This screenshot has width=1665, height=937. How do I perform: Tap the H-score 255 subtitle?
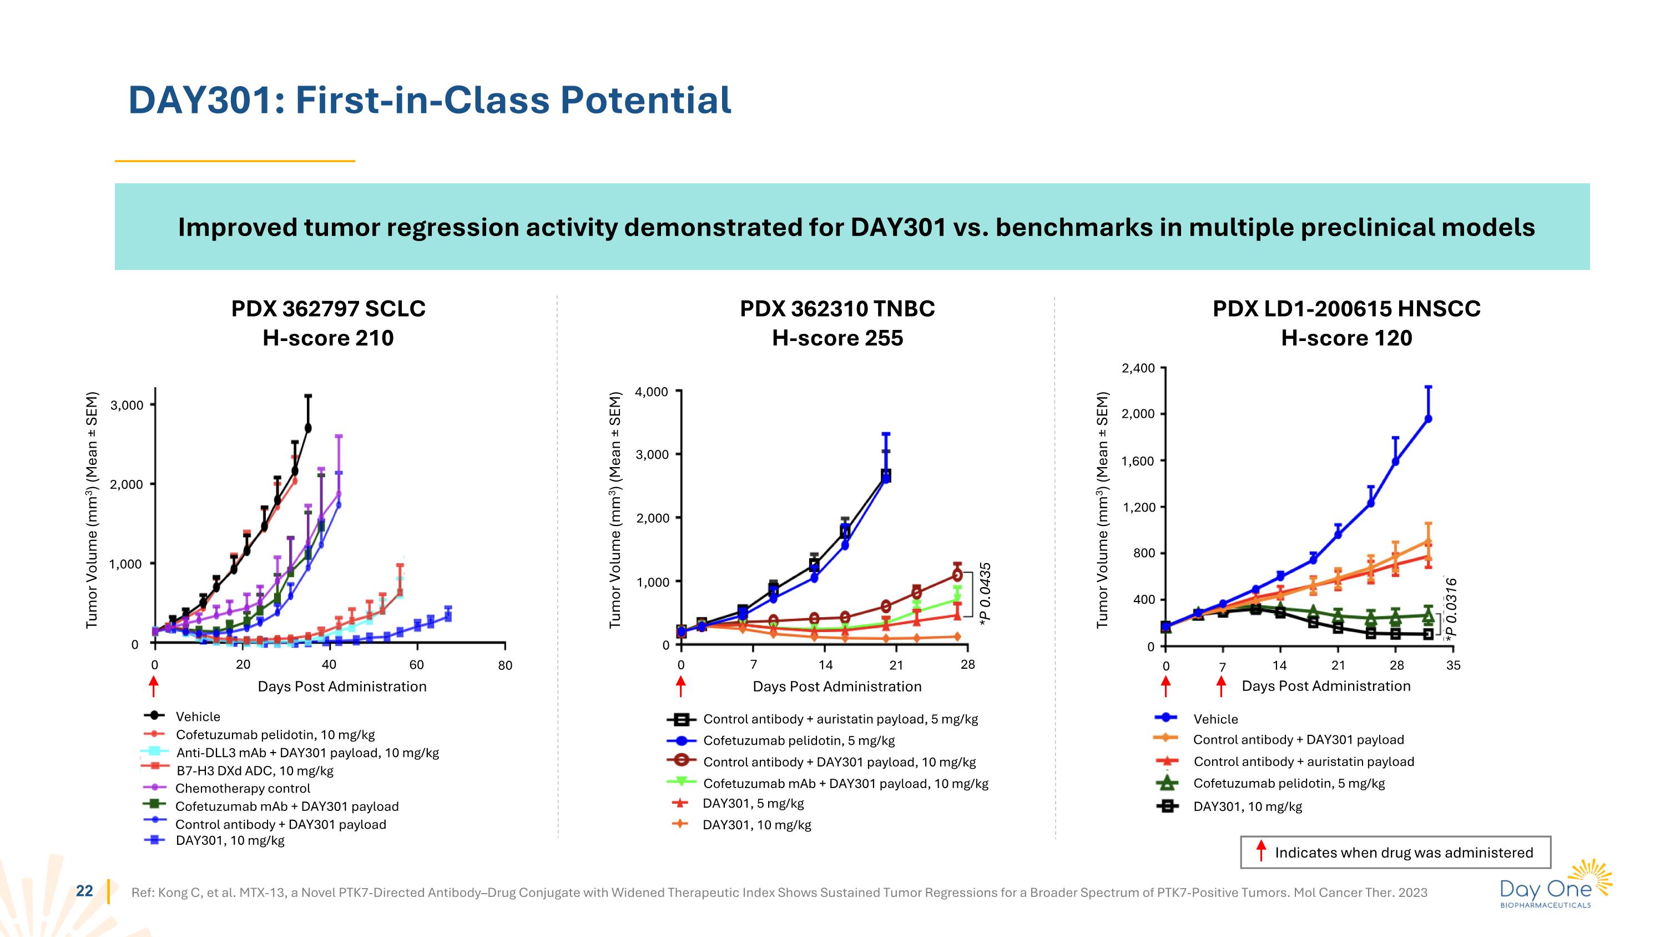click(x=837, y=338)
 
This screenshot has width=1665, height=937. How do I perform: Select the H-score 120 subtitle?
click(x=1346, y=338)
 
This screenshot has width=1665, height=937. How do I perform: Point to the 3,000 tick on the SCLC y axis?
click(x=127, y=405)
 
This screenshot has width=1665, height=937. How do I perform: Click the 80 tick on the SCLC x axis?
click(x=505, y=665)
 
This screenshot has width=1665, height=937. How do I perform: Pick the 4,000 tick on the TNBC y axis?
click(x=652, y=392)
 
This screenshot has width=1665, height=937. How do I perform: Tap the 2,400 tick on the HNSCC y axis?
click(x=1138, y=369)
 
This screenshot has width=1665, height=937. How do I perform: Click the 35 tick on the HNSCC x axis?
click(x=1453, y=665)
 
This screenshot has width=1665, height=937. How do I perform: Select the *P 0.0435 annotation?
click(x=985, y=594)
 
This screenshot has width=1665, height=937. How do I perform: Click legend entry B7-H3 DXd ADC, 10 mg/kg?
click(x=255, y=771)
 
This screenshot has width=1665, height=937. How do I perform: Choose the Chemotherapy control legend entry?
click(x=243, y=788)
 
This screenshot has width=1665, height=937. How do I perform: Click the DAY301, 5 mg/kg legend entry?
click(x=753, y=803)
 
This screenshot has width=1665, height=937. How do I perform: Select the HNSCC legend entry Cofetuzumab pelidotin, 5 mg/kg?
click(x=1289, y=784)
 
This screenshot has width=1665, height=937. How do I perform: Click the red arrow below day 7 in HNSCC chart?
click(x=1221, y=686)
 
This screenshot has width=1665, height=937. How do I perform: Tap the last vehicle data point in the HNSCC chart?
click(x=1428, y=419)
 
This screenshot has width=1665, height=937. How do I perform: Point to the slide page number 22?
click(x=85, y=891)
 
